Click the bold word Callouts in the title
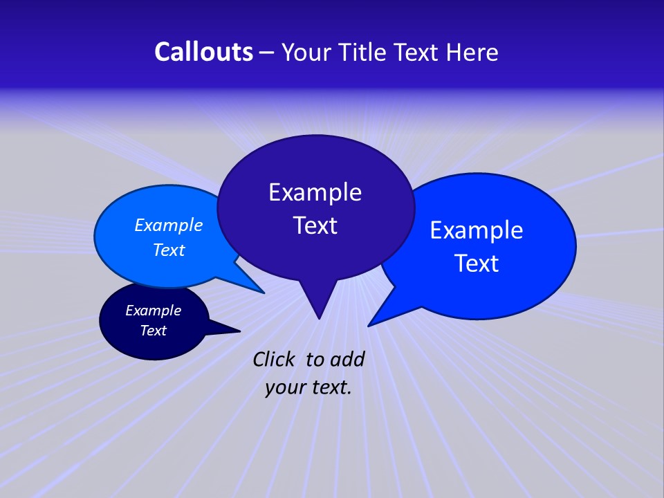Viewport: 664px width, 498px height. click(x=203, y=52)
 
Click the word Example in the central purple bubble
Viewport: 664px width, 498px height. click(x=315, y=192)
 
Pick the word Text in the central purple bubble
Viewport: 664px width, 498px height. click(x=315, y=225)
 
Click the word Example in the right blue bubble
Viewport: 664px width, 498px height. click(x=477, y=230)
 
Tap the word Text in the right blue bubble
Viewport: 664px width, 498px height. click(x=477, y=264)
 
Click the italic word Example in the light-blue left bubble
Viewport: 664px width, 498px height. click(x=169, y=225)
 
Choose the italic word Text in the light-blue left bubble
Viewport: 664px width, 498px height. click(x=169, y=250)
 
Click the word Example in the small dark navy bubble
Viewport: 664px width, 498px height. click(x=154, y=311)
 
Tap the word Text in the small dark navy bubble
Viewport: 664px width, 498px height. click(x=154, y=331)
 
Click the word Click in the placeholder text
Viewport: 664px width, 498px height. click(x=275, y=359)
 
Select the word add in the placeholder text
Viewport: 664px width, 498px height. click(x=347, y=359)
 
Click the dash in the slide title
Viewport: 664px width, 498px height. click(x=268, y=53)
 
